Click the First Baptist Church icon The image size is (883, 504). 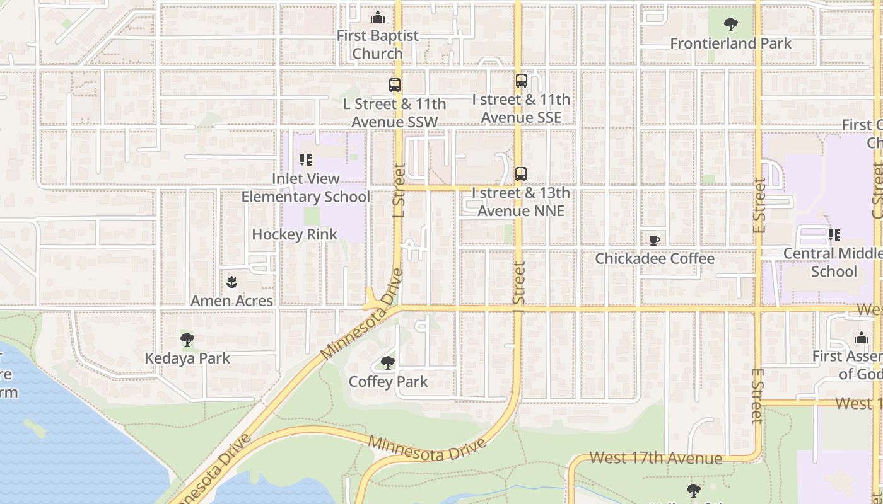click(x=378, y=17)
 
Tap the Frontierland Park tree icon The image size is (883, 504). click(x=731, y=25)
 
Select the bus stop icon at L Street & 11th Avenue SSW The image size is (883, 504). click(x=395, y=85)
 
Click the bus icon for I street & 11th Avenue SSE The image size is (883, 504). click(x=521, y=81)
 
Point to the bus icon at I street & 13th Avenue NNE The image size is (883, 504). click(x=521, y=174)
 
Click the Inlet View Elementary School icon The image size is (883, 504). click(x=306, y=160)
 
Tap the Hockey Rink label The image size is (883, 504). click(x=295, y=234)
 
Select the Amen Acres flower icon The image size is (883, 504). click(x=232, y=282)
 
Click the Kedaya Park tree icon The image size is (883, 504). click(x=187, y=340)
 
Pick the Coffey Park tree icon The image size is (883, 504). click(x=388, y=363)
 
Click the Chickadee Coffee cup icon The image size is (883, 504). click(x=655, y=240)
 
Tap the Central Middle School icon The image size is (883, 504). click(x=834, y=235)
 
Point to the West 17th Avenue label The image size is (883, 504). click(x=655, y=458)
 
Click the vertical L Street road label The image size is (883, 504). click(x=399, y=191)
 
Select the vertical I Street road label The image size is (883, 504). click(x=519, y=284)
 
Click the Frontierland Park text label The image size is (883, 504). click(x=730, y=43)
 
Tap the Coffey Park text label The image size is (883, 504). click(x=388, y=382)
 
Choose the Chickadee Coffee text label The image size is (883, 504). click(x=655, y=259)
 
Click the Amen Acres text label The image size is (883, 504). click(x=232, y=301)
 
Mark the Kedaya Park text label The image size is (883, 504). click(x=187, y=358)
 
